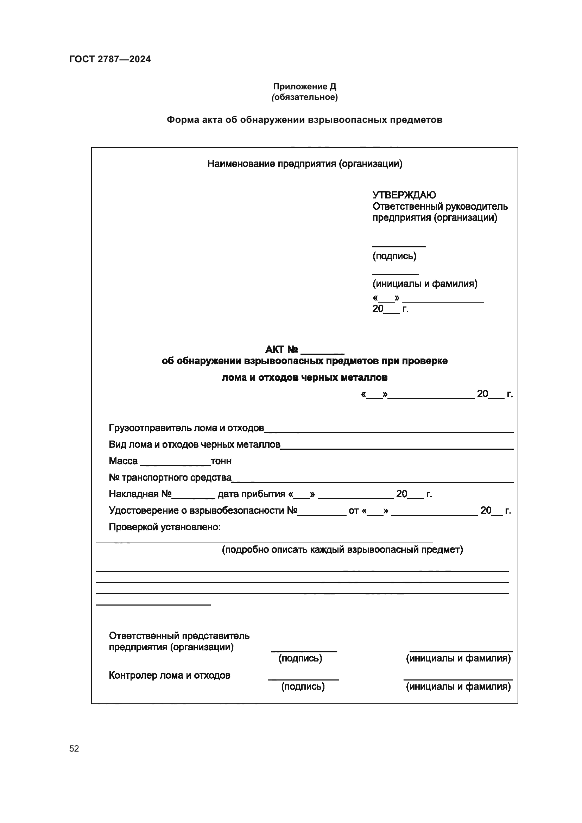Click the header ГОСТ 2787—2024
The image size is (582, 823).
tap(110, 59)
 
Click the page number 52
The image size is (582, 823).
tap(74, 748)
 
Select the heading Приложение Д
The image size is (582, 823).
tap(304, 87)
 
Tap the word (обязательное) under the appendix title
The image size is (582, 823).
tap(304, 97)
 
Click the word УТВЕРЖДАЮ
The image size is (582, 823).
tap(404, 195)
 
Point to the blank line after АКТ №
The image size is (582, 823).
tap(322, 353)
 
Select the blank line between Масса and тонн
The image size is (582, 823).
tap(175, 464)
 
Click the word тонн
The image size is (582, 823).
tap(221, 461)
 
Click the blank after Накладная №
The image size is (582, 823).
tap(193, 497)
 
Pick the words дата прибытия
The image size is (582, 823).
tap(251, 494)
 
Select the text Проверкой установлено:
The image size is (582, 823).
tap(164, 527)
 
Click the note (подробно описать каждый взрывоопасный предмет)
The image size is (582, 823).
tap(342, 550)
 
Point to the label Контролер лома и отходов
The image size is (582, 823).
tap(169, 675)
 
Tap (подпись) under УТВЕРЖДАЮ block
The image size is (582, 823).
tap(394, 256)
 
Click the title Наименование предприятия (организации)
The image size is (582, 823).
tap(305, 164)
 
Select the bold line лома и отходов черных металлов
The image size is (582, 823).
tap(304, 378)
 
